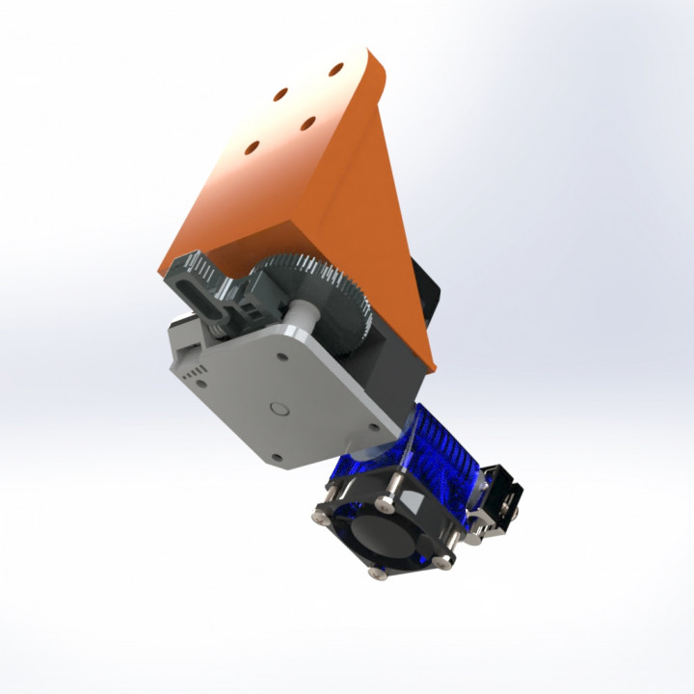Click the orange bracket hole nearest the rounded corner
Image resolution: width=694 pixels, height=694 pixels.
336,69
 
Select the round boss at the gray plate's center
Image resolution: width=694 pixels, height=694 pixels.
280,408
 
